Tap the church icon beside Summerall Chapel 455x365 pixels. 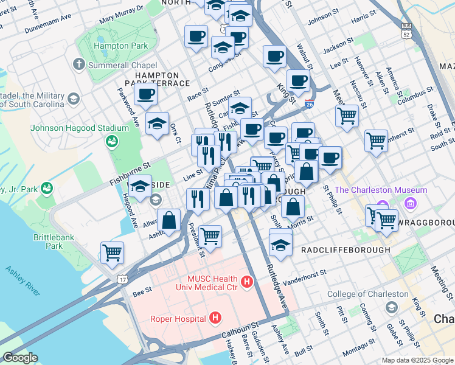point(78,64)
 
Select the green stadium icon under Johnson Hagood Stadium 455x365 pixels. point(111,142)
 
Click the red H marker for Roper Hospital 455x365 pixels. point(214,317)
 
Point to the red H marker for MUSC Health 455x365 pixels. point(246,282)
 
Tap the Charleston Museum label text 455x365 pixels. point(372,190)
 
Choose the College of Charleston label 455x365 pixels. point(368,294)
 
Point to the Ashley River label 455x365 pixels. point(23,280)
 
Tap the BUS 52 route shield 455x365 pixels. point(405,31)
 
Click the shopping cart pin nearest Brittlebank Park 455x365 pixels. point(112,252)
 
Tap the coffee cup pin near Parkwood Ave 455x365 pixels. point(146,94)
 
